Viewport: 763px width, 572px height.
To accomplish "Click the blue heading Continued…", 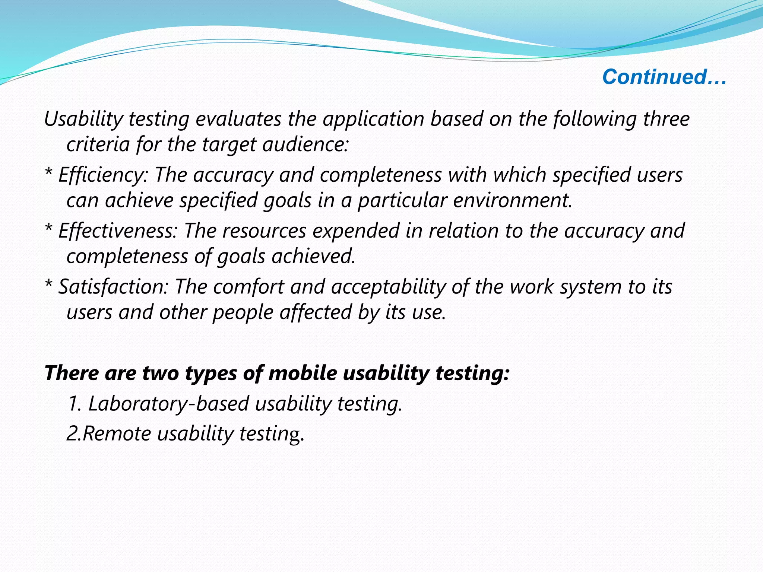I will coord(664,77).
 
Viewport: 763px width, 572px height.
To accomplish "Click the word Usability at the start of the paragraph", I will coord(83,120).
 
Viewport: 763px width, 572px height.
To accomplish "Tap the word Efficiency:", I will coord(103,175).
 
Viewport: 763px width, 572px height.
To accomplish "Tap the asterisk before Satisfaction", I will coord(48,286).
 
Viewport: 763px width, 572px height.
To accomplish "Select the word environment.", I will coord(512,200).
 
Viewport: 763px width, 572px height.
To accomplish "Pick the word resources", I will coord(264,231).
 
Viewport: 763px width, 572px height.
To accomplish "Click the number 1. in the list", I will coord(75,404).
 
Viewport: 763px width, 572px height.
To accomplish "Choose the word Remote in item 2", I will coord(117,434).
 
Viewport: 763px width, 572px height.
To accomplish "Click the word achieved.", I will coord(313,256).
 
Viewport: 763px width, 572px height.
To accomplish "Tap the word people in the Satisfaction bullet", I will coord(243,312).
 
